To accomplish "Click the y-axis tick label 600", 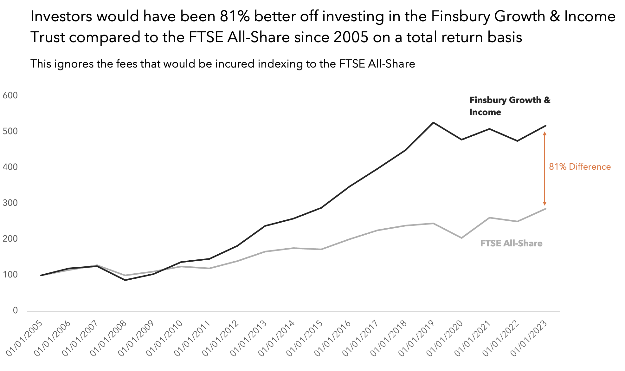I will tap(10, 95).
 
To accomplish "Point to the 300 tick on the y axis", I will tap(10, 203).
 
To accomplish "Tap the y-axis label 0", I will tap(15, 310).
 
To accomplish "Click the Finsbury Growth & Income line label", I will tap(510, 106).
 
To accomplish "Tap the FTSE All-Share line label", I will tap(511, 244).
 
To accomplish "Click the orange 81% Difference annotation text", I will tap(580, 167).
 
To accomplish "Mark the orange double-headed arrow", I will tap(544, 168).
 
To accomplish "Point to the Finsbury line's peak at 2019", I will tap(433, 123).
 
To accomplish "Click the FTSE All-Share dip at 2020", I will tap(461, 238).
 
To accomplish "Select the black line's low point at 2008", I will tap(125, 280).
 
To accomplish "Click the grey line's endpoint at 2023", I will tap(545, 209).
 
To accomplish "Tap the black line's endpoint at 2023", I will tap(545, 126).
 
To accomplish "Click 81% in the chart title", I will tap(235, 16).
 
